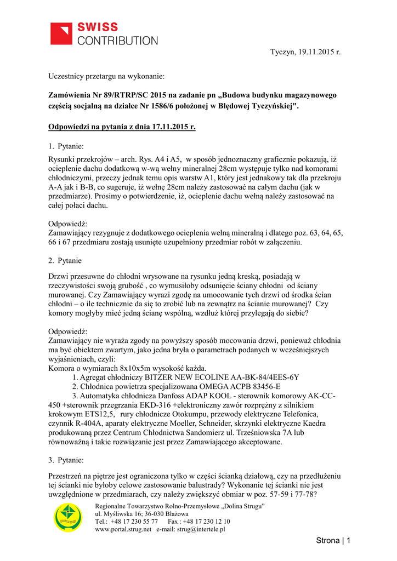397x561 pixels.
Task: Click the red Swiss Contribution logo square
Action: pyautogui.click(x=61, y=33)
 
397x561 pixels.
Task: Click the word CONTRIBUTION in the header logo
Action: pyautogui.click(x=117, y=40)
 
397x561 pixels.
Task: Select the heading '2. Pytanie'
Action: pyautogui.click(x=65, y=260)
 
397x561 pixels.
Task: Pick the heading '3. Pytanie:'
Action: pyautogui.click(x=66, y=460)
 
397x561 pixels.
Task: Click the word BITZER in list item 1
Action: pyautogui.click(x=160, y=377)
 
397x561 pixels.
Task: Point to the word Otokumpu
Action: pyautogui.click(x=175, y=414)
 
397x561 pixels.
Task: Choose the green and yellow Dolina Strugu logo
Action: pyautogui.click(x=69, y=518)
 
